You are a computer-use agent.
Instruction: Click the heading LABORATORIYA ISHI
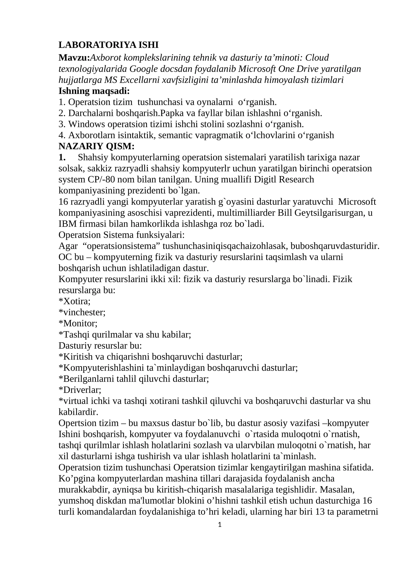tap(108, 45)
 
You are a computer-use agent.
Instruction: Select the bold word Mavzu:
tap(74, 58)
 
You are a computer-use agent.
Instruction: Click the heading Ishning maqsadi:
tap(94, 91)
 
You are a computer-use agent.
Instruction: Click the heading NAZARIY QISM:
tap(96, 146)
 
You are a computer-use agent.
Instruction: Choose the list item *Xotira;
tap(75, 301)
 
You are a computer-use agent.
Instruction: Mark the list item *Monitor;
tap(78, 324)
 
